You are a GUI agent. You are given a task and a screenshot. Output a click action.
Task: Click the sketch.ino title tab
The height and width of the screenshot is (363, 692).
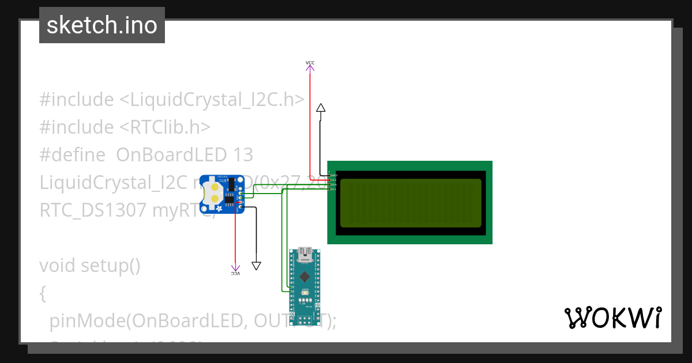pyautogui.click(x=102, y=25)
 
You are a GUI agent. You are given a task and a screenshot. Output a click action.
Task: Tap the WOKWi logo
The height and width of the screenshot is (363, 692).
pyautogui.click(x=612, y=317)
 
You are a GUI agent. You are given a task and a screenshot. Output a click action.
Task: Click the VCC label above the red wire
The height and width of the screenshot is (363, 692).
pyautogui.click(x=310, y=62)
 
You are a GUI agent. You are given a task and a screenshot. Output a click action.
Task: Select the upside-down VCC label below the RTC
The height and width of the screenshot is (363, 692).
pyautogui.click(x=235, y=274)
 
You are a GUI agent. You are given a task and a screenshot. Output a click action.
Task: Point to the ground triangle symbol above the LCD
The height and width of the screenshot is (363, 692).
pyautogui.click(x=321, y=108)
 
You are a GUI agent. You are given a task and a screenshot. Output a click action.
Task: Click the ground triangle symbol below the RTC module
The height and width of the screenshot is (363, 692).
pyautogui.click(x=257, y=266)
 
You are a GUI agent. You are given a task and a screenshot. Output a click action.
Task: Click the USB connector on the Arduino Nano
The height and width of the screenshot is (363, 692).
pyautogui.click(x=304, y=254)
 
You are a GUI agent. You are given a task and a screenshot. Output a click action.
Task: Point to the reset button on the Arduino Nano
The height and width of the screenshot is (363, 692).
pyautogui.click(x=304, y=293)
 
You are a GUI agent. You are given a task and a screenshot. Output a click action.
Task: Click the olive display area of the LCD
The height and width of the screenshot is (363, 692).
pyautogui.click(x=410, y=202)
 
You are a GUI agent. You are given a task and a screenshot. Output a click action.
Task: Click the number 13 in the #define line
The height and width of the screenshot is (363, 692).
pyautogui.click(x=243, y=155)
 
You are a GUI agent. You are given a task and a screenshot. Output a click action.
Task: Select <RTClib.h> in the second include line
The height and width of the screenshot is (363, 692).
pyautogui.click(x=165, y=127)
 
